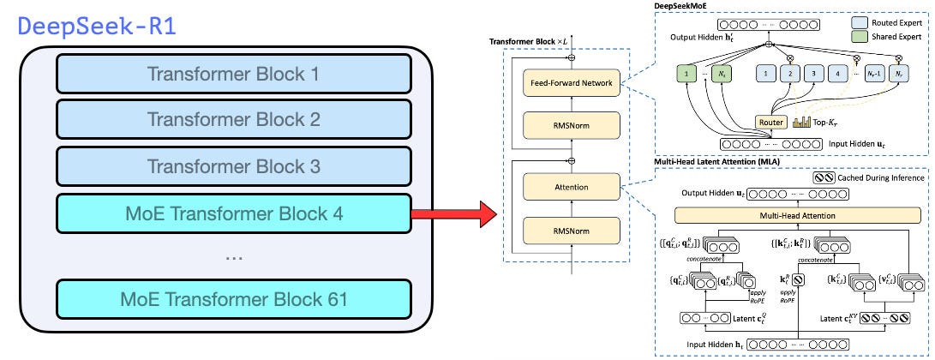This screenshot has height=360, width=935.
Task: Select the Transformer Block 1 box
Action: pos(234,75)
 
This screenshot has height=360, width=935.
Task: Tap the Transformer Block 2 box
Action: pos(234,120)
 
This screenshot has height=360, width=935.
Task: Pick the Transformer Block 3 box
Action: pos(234,165)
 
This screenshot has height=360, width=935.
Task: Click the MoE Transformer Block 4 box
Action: pos(234,212)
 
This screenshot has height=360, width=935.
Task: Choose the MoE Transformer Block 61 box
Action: pos(234,300)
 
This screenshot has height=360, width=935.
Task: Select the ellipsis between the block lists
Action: pos(234,256)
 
